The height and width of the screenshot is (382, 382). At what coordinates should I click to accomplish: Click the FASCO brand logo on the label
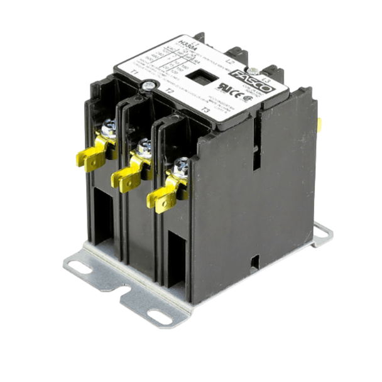click(x=254, y=82)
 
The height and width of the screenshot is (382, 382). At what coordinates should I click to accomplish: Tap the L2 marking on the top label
click(x=230, y=62)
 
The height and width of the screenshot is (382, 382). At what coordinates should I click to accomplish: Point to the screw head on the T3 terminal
click(x=182, y=166)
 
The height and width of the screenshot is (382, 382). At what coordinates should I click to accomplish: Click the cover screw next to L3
click(x=254, y=71)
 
